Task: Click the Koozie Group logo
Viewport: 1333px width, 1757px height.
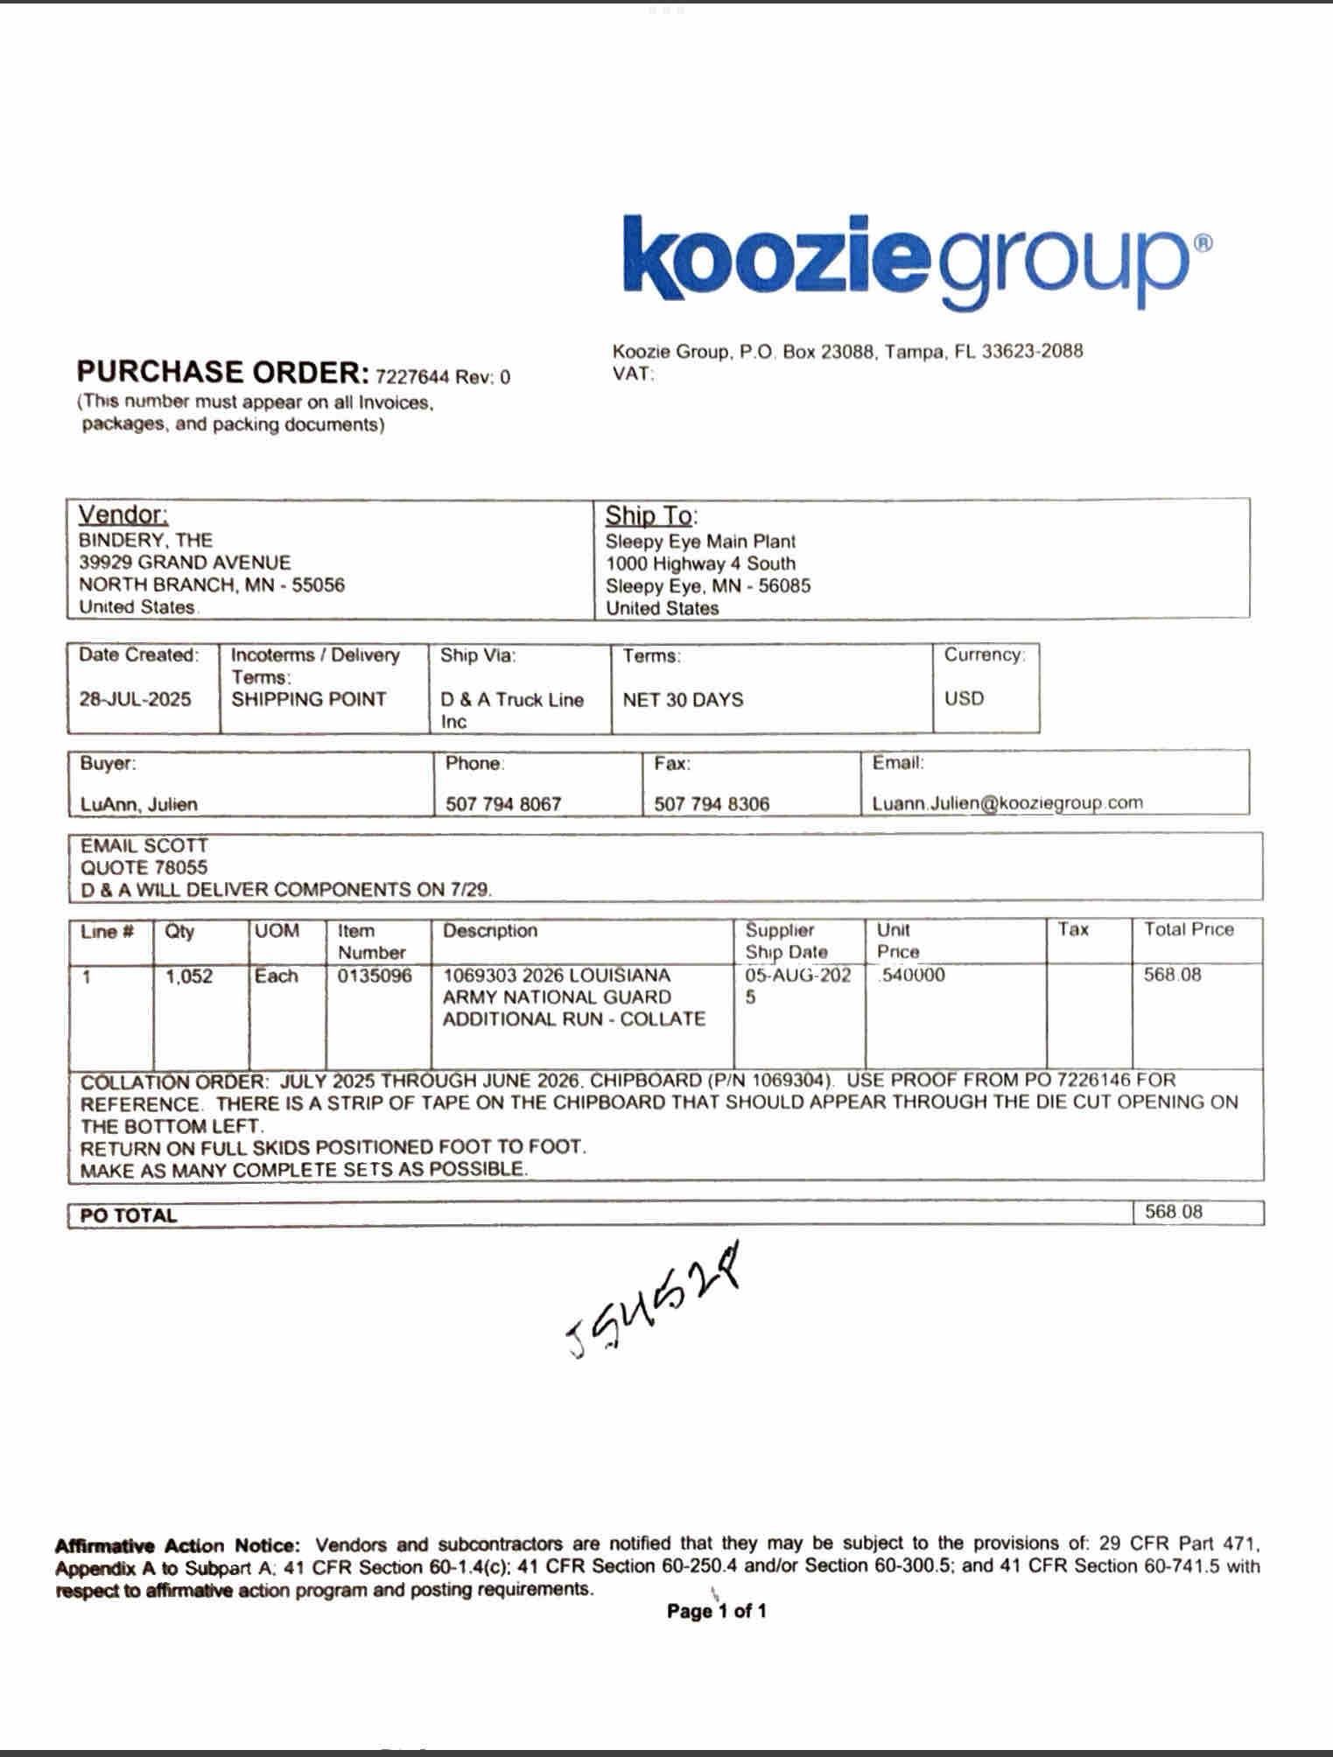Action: (916, 260)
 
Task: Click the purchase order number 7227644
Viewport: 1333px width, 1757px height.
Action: (412, 377)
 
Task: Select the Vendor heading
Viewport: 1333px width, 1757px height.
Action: (123, 514)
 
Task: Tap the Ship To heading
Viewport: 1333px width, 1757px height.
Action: (651, 515)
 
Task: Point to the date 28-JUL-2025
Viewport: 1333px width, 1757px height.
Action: (135, 699)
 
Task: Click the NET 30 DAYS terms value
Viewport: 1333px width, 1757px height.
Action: (683, 700)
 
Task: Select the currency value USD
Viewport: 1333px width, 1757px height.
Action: (964, 698)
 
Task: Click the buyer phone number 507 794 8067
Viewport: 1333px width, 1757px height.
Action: (503, 804)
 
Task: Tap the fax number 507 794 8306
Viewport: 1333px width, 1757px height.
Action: (712, 804)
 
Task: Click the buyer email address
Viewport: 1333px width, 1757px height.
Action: (1007, 803)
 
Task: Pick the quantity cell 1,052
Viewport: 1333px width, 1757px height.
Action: (189, 976)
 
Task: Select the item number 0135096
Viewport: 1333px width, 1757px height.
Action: (375, 976)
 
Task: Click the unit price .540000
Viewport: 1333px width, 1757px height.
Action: (912, 976)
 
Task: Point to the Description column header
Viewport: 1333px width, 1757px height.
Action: (490, 931)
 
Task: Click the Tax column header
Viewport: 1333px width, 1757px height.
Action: (1072, 929)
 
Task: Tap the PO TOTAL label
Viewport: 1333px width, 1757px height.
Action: (129, 1215)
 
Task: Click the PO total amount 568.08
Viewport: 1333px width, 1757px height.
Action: (1174, 1212)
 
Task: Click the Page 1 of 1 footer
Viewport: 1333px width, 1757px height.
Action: (716, 1611)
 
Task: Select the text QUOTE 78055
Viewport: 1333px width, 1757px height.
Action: (144, 868)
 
